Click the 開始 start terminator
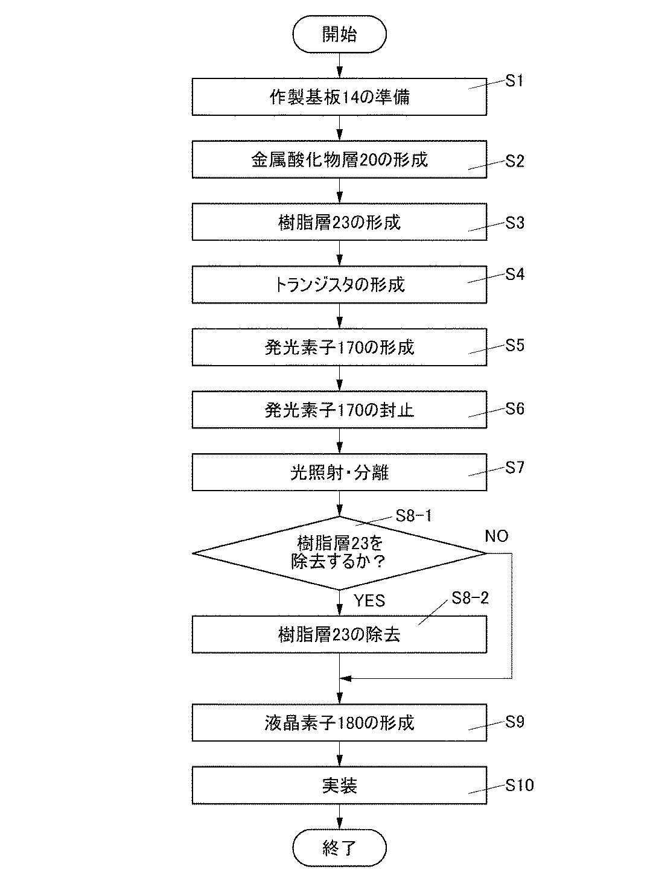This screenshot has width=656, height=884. point(339,34)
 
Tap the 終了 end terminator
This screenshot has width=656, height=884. point(339,848)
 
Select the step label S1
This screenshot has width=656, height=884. point(514,81)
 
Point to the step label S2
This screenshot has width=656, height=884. point(515,161)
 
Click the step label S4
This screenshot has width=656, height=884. point(515,275)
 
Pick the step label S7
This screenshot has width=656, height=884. point(515,468)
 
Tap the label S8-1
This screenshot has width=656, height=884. point(413,516)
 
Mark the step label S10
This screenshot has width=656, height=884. point(520,785)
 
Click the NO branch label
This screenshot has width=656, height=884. point(497,536)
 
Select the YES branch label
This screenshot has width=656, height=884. point(369,600)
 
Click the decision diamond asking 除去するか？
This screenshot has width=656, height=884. point(339,553)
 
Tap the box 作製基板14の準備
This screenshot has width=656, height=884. point(339,97)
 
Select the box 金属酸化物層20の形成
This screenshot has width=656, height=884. point(339,159)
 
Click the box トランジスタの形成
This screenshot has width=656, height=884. point(339,284)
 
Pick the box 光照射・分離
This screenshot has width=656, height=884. point(339,472)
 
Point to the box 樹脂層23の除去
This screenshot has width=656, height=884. point(339,634)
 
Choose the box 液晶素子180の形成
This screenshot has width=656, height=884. point(339,722)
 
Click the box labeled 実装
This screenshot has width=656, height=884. point(339,785)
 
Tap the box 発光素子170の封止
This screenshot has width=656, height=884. point(339,410)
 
